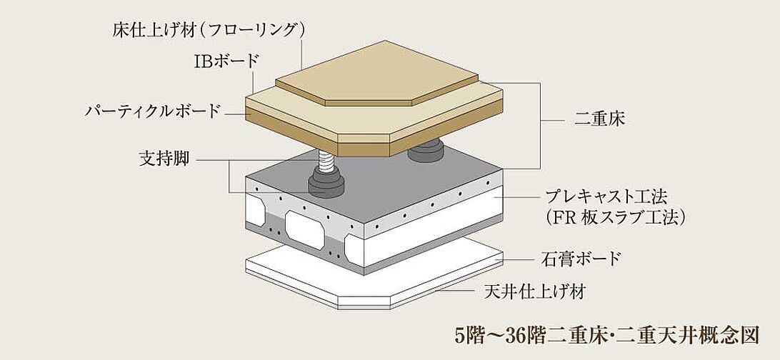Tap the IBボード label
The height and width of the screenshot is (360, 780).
227,60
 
